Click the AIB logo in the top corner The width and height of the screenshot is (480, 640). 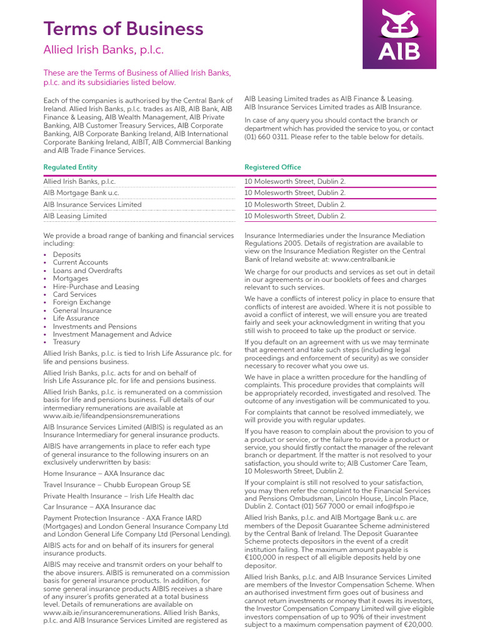coord(399,34)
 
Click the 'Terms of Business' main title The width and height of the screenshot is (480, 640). coord(123,29)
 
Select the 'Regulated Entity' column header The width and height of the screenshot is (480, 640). coord(70,167)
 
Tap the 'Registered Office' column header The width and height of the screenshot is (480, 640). coord(272,167)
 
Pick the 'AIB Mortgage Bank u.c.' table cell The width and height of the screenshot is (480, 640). coord(81,193)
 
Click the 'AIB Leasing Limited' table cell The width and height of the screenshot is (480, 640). coord(74,216)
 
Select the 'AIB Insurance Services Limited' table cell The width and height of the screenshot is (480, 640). coord(92,204)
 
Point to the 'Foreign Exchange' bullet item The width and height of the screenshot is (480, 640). coord(82,302)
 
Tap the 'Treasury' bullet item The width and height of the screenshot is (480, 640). coord(66,342)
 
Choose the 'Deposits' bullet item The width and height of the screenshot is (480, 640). coord(67,255)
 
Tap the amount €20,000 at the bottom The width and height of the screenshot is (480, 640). coord(417,625)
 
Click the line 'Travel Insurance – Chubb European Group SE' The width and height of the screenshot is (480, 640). coord(117,485)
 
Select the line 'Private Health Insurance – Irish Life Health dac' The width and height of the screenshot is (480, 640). coord(118,496)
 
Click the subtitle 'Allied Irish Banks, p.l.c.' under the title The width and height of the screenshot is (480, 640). coord(103,51)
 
